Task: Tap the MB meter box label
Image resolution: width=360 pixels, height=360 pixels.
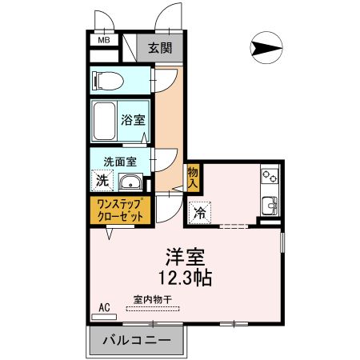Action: tap(104, 39)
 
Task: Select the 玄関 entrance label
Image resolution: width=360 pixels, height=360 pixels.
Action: tap(159, 48)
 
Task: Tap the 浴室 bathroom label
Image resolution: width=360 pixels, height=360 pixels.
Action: tap(133, 121)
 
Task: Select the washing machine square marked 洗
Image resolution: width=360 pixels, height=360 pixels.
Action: tap(102, 180)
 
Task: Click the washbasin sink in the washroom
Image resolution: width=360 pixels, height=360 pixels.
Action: tap(128, 182)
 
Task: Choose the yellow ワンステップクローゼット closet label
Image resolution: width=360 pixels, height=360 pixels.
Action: tap(118, 210)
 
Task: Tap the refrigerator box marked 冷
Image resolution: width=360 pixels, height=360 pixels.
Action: tap(199, 213)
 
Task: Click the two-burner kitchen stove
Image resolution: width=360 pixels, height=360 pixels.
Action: tap(268, 175)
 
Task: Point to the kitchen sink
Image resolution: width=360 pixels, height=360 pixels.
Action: tap(270, 205)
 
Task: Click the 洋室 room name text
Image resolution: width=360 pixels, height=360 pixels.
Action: tap(186, 258)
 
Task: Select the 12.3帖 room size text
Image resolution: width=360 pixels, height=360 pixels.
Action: tap(186, 278)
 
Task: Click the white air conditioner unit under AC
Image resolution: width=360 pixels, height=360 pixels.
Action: tap(104, 317)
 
